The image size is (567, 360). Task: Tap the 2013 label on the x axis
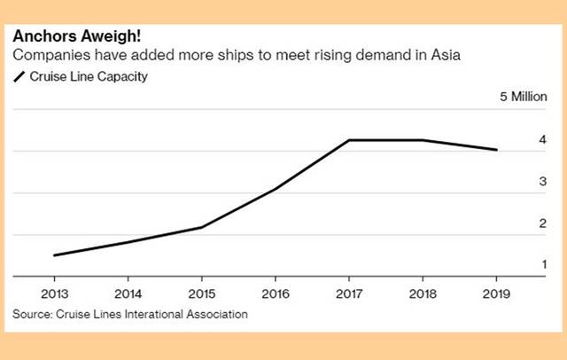coord(54,292)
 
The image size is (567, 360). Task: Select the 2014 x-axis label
coord(128,292)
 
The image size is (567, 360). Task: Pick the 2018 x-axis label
coord(422,292)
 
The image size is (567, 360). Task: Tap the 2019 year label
coord(496,292)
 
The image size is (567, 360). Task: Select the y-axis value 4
coord(541,140)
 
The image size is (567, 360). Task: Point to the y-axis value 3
coord(541,182)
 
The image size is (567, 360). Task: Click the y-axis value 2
coord(541,223)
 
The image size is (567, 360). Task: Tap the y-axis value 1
coord(541,265)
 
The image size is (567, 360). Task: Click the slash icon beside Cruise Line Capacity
coord(19,77)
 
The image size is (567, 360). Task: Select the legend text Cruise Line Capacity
coord(88,77)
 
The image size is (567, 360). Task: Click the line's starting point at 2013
coord(55,255)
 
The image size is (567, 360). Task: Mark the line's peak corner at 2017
coord(349,140)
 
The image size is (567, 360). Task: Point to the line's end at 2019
coord(496,150)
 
